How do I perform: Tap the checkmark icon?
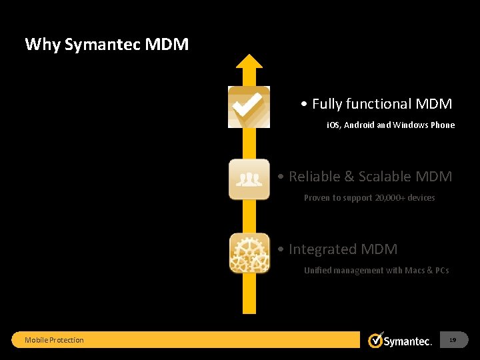click(x=249, y=107)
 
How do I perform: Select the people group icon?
click(x=249, y=179)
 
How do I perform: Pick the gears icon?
click(x=249, y=252)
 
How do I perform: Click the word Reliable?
click(x=314, y=177)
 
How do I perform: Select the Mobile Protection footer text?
click(x=54, y=340)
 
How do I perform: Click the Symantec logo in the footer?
click(x=400, y=340)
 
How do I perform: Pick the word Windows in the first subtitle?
click(x=411, y=125)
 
